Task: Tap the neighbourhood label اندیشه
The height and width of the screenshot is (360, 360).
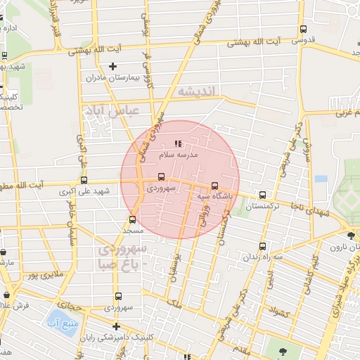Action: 200,92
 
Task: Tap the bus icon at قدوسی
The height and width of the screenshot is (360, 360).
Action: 303,29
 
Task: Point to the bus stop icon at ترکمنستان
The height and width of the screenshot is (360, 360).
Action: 262,195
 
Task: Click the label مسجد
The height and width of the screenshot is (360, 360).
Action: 132,230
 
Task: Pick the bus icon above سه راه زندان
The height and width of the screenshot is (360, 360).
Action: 262,246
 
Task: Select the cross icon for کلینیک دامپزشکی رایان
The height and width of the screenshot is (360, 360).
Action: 116,327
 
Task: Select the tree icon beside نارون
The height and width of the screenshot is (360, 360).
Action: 351,234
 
